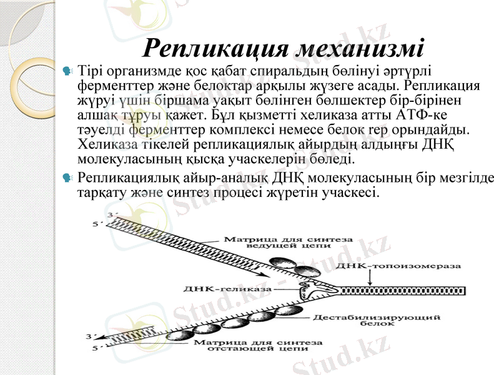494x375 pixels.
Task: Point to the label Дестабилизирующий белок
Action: pos(377,320)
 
